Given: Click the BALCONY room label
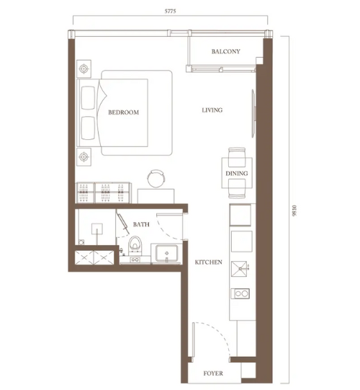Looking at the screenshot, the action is [x=225, y=51].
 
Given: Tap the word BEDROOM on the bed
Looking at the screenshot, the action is [x=123, y=112].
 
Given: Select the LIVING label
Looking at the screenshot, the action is [x=212, y=110].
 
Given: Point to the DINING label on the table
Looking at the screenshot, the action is [x=237, y=173].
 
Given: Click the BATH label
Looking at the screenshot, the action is [x=141, y=224].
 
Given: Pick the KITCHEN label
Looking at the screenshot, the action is [x=209, y=262].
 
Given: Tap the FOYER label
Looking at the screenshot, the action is [x=213, y=373].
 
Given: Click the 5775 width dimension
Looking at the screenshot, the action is [x=170, y=12].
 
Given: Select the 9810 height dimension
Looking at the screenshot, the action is [x=294, y=210].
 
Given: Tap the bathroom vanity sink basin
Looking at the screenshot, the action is [x=167, y=253].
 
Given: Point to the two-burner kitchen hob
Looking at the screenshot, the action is [x=240, y=293].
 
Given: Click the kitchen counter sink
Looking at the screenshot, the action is [x=239, y=269].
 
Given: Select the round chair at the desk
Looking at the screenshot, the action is [x=156, y=178].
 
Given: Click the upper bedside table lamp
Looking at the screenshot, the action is [x=84, y=68].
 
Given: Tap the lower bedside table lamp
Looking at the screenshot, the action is [x=84, y=157].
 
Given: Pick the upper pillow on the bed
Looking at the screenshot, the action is [x=88, y=98].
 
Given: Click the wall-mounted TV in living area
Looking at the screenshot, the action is [x=253, y=113].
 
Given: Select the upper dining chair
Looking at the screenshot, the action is [x=237, y=157].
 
